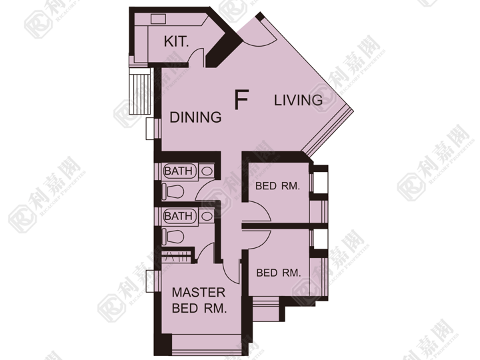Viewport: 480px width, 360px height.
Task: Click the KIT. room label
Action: point(176,41)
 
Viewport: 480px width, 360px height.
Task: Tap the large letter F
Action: point(241,99)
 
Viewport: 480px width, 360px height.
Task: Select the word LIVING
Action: point(298,100)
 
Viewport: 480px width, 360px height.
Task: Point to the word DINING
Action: point(195,117)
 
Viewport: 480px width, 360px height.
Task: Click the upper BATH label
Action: point(179,171)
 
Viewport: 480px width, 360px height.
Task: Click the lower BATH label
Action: point(179,216)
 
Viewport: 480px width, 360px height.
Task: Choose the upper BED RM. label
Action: point(277,186)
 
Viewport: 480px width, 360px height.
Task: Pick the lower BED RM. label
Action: point(279,273)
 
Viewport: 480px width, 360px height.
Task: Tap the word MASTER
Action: point(199,293)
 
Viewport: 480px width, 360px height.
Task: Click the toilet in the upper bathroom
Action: point(173,192)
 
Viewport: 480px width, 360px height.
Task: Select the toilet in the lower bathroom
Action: point(173,237)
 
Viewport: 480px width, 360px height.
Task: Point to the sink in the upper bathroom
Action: point(207,171)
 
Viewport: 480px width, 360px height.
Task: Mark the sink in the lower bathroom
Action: point(207,216)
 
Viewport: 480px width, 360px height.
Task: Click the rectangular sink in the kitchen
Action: point(158,19)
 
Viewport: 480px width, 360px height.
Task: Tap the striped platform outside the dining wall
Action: point(141,91)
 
